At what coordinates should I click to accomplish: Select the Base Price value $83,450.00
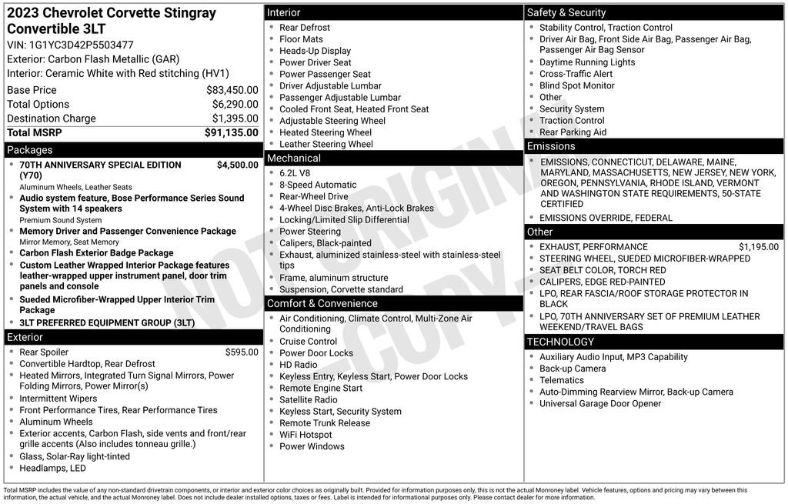click(x=232, y=90)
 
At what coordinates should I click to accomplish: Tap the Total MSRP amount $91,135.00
click(x=231, y=132)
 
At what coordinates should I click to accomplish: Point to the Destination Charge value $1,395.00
click(x=235, y=118)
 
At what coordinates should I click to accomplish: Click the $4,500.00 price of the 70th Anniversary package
click(x=237, y=165)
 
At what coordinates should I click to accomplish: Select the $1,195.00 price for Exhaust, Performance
click(x=758, y=247)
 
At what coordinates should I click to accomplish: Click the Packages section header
click(x=30, y=150)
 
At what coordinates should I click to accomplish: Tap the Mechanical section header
click(x=294, y=159)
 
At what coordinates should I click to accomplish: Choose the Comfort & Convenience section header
click(x=322, y=303)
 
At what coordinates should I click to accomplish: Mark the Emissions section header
click(x=551, y=146)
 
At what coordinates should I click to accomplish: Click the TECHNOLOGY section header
click(x=560, y=342)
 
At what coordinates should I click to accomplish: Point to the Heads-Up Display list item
click(x=315, y=51)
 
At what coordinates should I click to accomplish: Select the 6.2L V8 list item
click(x=296, y=173)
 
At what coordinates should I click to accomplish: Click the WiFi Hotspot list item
click(x=306, y=435)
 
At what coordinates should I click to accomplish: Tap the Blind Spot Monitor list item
click(x=576, y=85)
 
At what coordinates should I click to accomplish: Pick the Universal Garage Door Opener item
click(x=599, y=403)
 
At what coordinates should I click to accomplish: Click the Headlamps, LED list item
click(x=52, y=468)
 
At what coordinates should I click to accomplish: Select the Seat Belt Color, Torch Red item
click(x=603, y=270)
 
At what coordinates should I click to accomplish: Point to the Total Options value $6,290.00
click(x=235, y=105)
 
